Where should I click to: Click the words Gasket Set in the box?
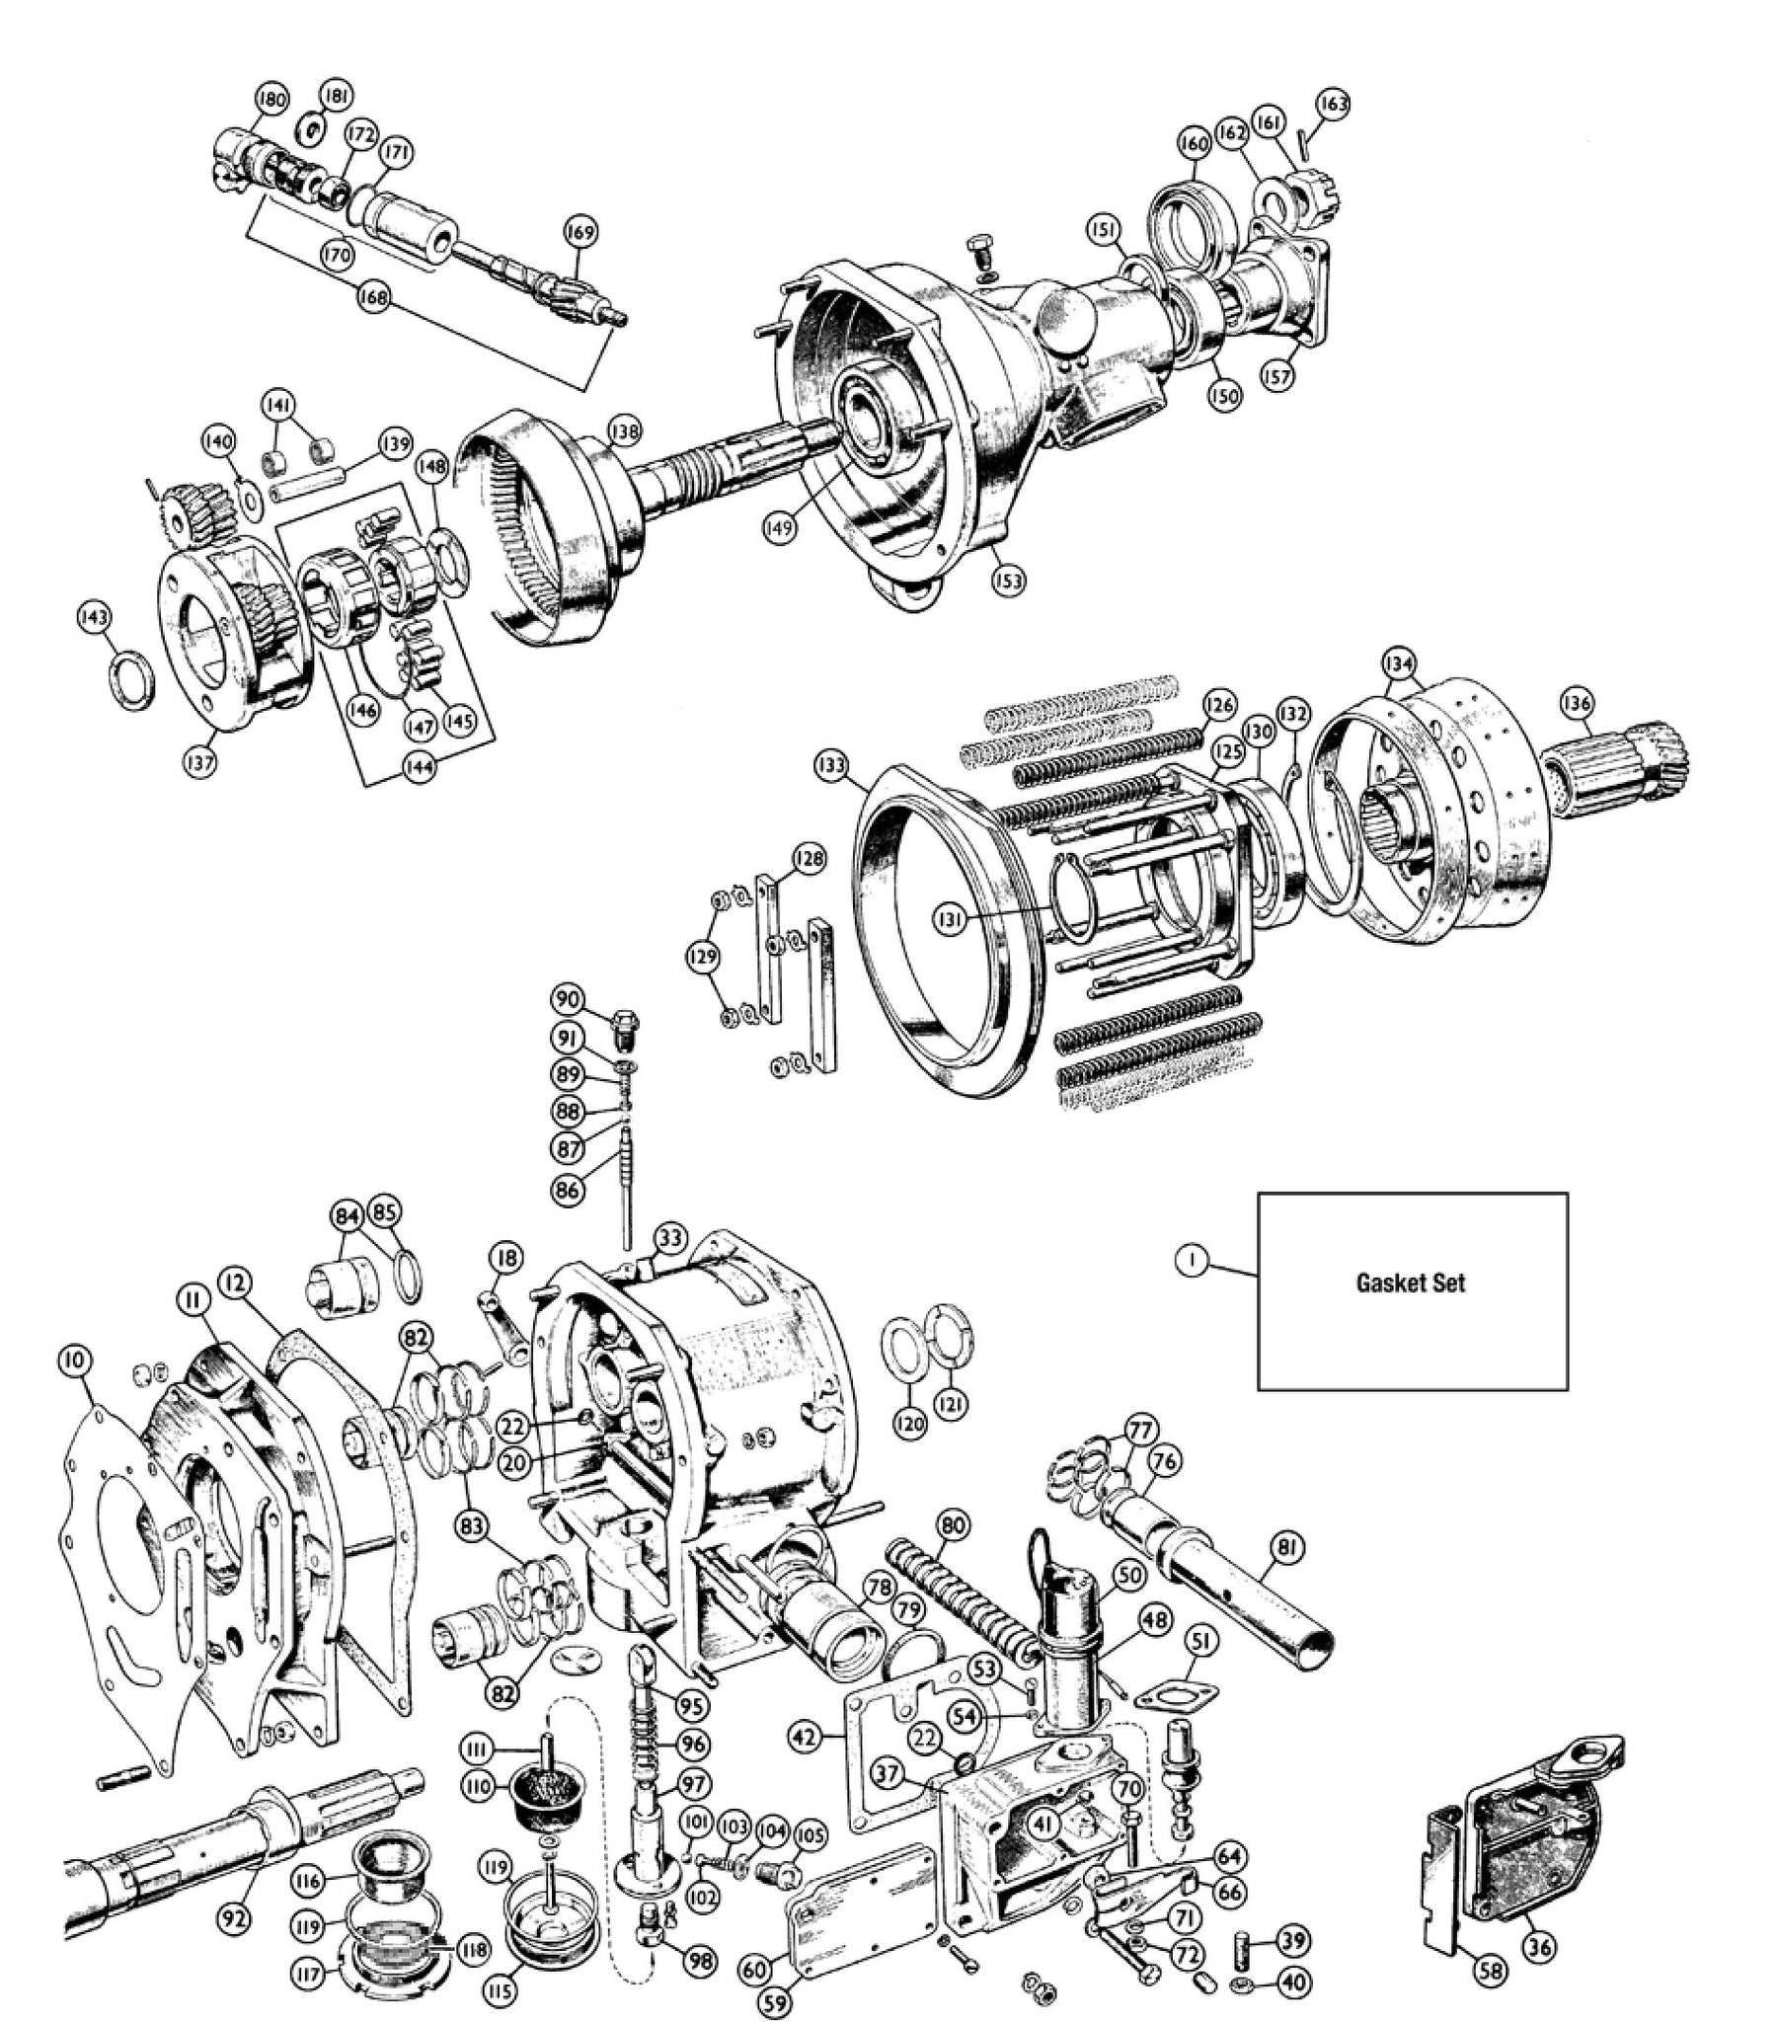1410,1283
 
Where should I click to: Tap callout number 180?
271,100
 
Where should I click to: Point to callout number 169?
579,232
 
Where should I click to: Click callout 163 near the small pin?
1333,104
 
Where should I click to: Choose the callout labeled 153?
1010,580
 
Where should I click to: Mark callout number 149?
780,528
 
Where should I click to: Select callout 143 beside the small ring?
95,617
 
